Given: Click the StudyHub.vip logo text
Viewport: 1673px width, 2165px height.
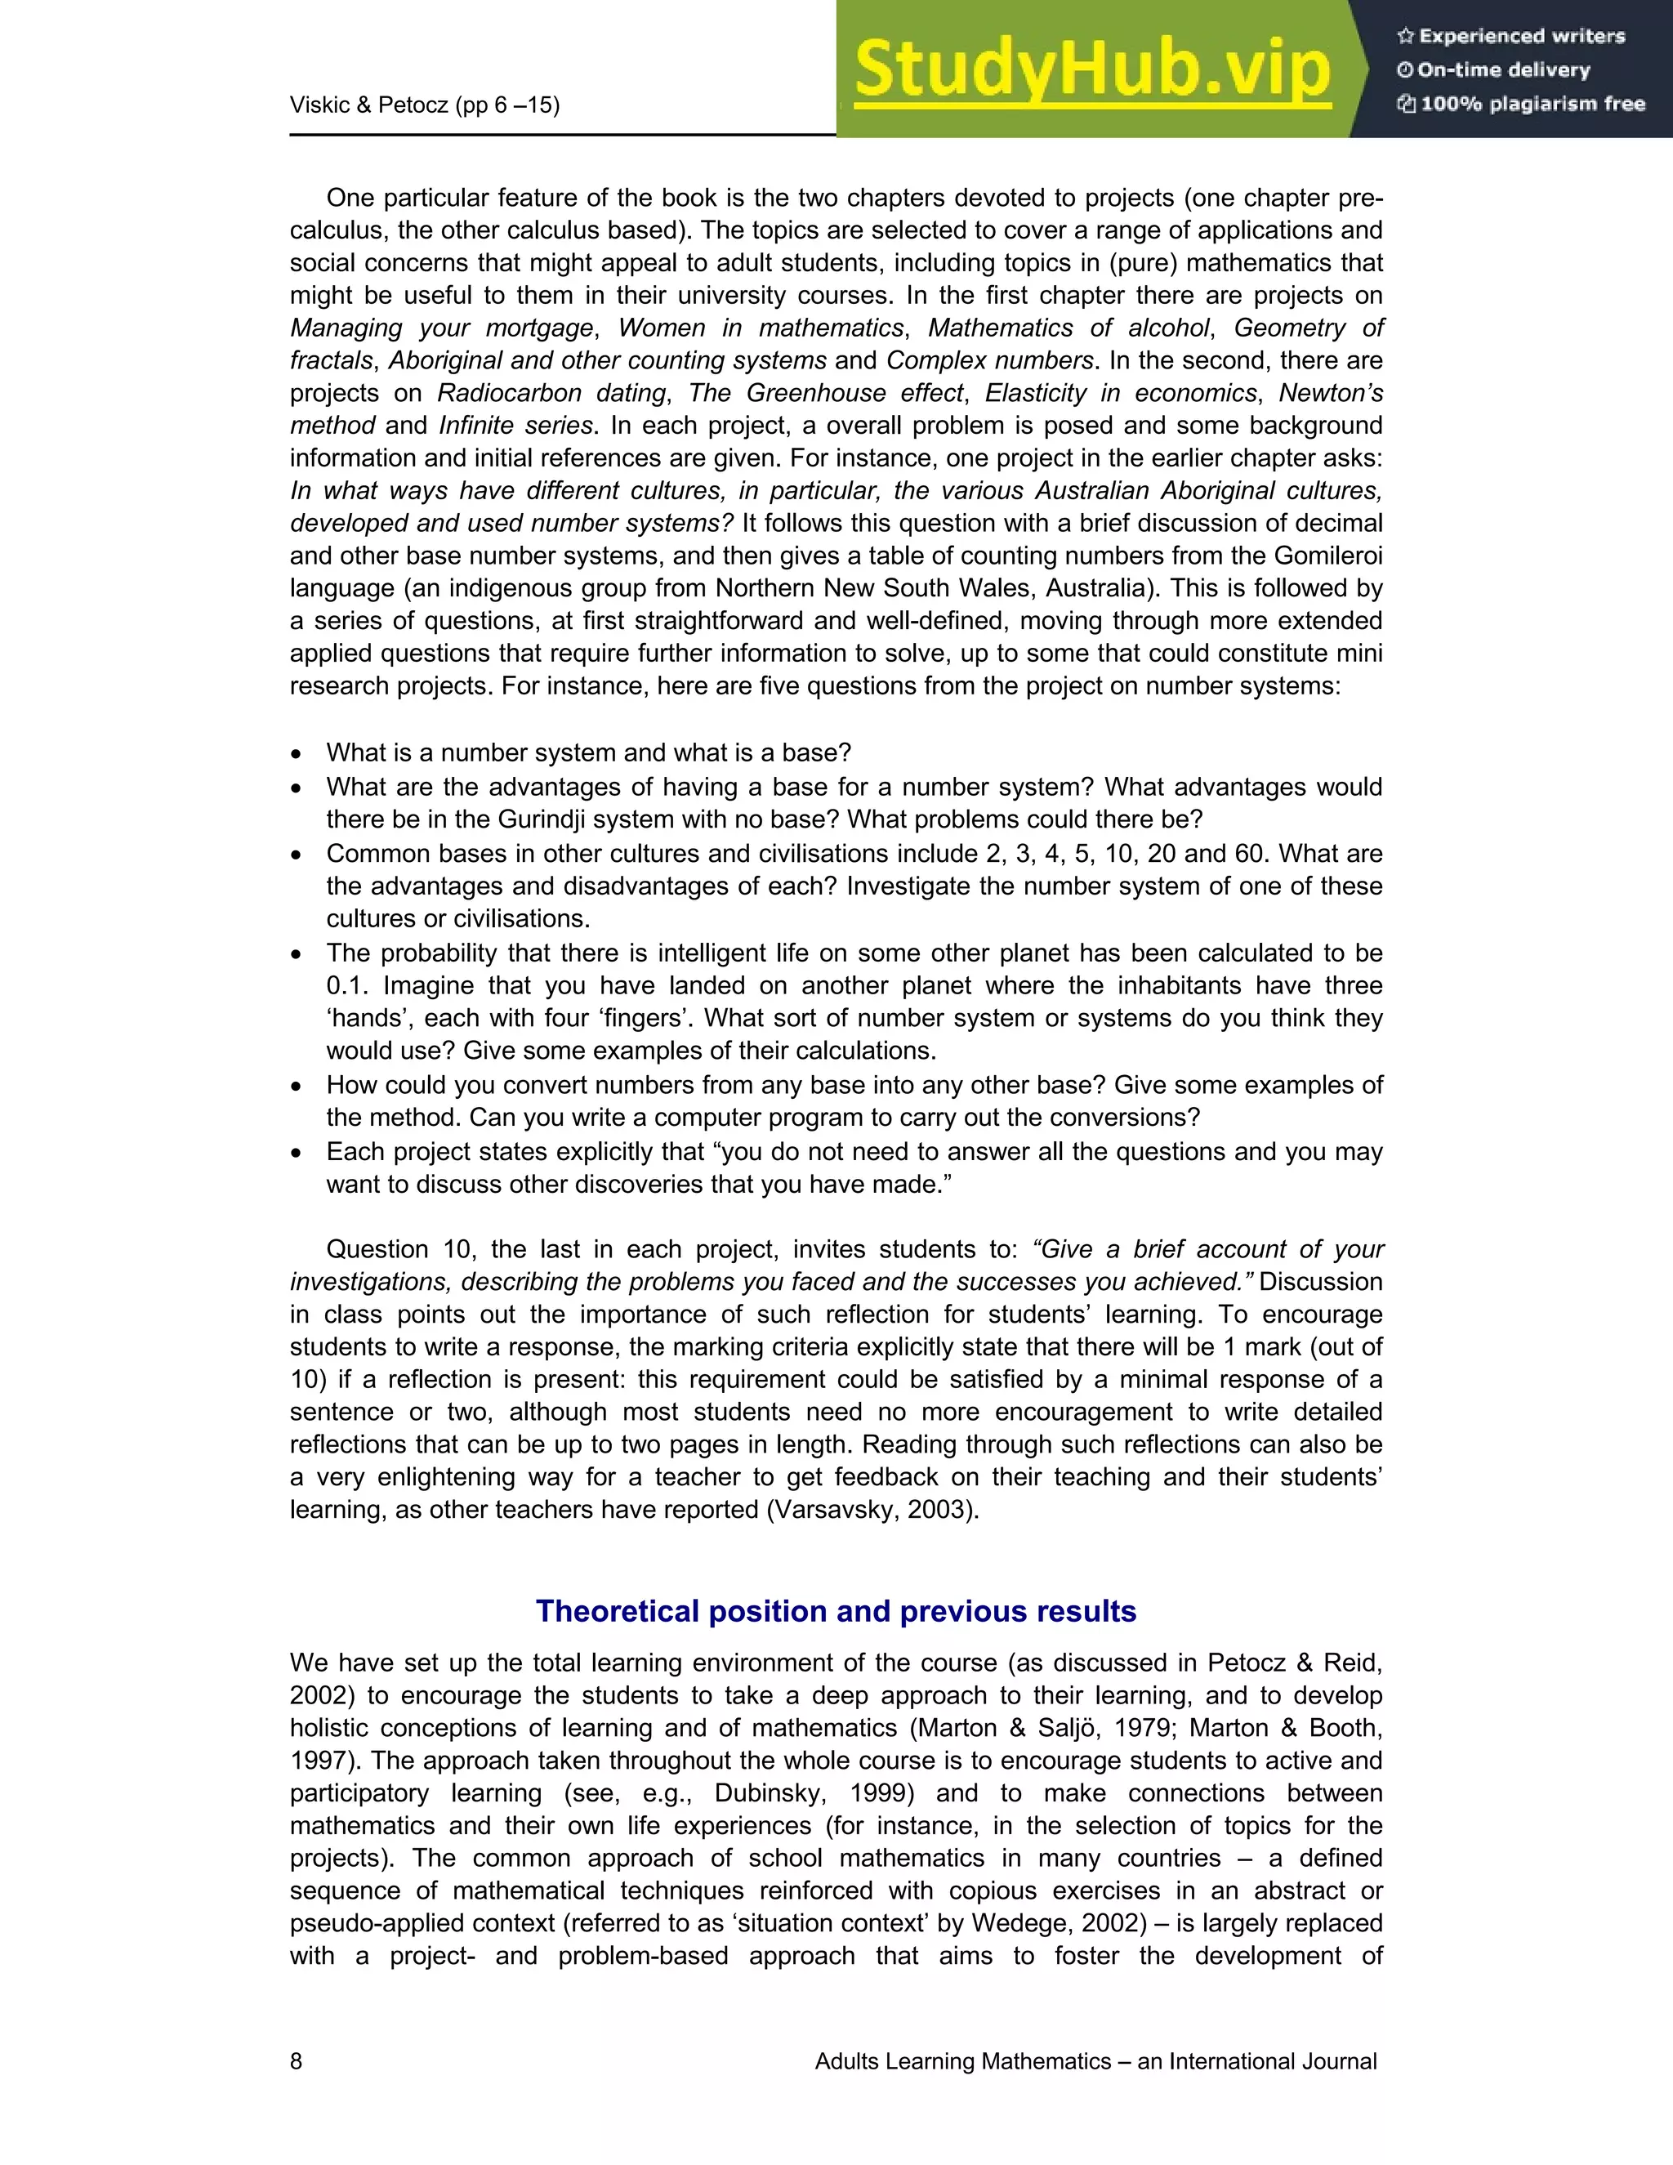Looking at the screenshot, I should click(x=1091, y=69).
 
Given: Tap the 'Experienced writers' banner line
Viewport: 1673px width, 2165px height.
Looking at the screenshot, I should click(x=1510, y=37).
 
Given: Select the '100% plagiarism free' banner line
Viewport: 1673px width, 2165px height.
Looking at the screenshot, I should click(x=1520, y=104).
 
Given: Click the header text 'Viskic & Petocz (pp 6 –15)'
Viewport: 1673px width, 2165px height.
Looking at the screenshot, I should click(x=424, y=105).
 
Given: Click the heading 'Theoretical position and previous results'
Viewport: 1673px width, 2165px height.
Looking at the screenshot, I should click(x=836, y=1611).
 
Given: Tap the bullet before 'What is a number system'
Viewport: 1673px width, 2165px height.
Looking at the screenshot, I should click(x=297, y=754).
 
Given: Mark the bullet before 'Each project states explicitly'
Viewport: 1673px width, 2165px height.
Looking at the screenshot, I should click(x=297, y=1153).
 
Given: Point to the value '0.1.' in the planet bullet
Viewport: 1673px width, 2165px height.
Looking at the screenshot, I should click(x=347, y=986).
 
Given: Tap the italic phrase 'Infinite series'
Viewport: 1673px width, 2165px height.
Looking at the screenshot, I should click(x=515, y=426).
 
